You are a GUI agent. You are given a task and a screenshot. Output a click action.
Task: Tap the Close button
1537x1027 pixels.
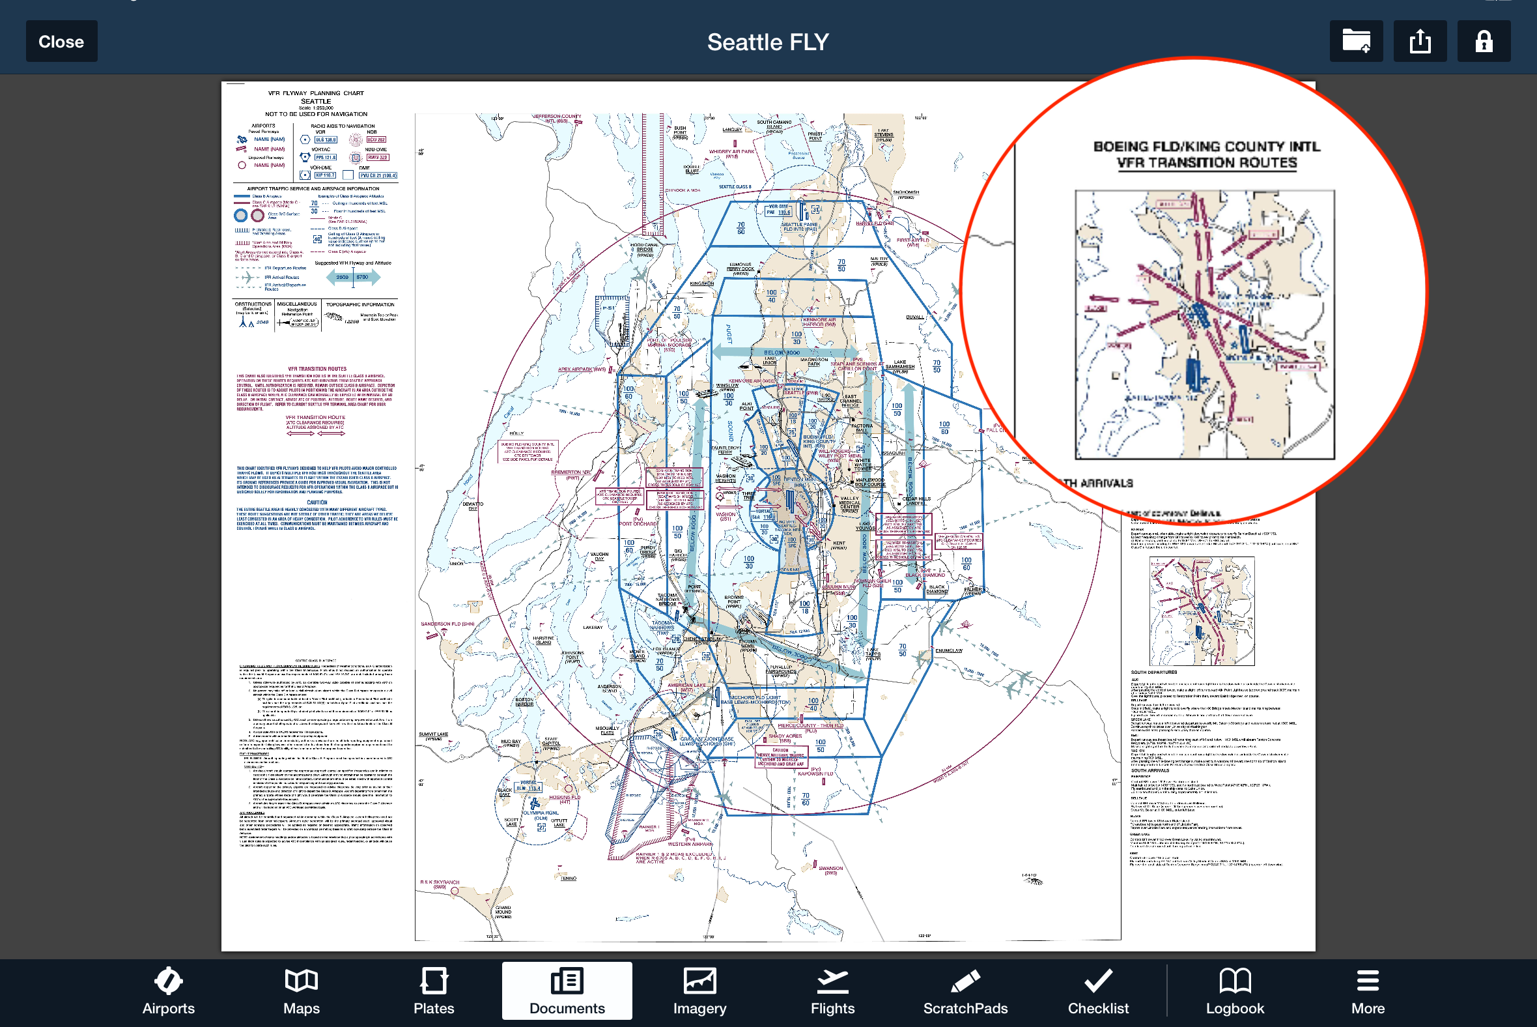point(61,41)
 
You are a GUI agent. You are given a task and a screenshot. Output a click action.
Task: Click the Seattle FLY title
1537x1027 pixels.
point(768,42)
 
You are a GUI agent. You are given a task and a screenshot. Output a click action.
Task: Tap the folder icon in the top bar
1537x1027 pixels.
point(1356,41)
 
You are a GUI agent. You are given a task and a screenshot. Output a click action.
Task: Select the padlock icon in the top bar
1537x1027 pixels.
point(1484,41)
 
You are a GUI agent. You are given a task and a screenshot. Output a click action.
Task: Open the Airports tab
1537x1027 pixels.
point(168,991)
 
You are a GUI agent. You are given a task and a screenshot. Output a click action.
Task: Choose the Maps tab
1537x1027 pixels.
point(301,991)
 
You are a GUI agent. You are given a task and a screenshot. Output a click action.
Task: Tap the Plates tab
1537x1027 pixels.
point(433,991)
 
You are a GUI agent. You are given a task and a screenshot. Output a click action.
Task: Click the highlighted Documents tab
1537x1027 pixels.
point(567,991)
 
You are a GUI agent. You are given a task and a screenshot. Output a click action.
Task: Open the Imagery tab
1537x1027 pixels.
point(699,991)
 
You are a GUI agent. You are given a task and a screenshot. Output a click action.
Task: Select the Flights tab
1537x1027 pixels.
point(833,991)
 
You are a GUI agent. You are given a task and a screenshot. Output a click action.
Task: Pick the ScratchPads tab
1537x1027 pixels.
point(966,991)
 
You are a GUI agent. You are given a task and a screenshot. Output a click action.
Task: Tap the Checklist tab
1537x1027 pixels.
point(1099,991)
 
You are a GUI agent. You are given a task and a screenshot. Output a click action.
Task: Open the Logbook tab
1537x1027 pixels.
point(1235,991)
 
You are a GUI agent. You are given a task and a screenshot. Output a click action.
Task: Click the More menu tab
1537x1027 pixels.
point(1368,991)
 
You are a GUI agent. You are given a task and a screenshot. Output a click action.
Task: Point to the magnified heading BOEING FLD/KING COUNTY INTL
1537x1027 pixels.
point(1206,147)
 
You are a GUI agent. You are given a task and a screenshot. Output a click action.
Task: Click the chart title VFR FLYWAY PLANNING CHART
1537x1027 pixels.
point(315,93)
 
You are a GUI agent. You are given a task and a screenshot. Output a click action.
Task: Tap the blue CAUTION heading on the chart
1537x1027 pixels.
point(317,502)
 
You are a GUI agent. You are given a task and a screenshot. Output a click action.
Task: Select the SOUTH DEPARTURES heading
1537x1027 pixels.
point(1153,672)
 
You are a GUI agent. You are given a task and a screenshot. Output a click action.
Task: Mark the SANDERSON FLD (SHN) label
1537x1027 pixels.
point(447,624)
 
